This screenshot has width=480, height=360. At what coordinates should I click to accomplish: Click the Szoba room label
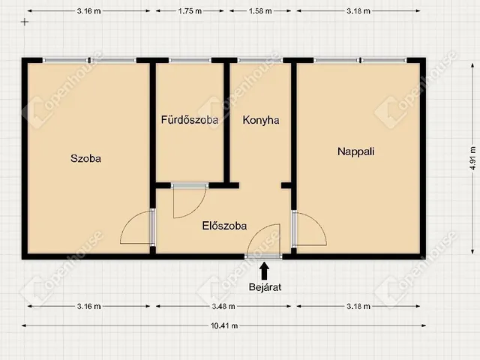coord(85,158)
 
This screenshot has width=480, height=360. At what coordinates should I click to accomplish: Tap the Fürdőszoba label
coord(190,120)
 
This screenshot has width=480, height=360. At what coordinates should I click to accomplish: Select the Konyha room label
coord(261,120)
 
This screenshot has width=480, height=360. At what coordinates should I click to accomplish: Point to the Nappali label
coord(355,151)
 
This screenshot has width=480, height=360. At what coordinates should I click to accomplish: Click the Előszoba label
coord(224,226)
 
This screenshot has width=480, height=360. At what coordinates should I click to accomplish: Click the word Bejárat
coord(265,287)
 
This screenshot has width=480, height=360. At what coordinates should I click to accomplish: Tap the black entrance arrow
coord(265,271)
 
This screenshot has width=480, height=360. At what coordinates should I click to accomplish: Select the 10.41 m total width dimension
coord(224,325)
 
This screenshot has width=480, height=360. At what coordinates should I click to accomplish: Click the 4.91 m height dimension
coord(473,158)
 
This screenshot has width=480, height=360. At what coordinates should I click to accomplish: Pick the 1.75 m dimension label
coord(190,11)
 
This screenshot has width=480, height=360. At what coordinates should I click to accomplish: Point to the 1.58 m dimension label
coord(260,11)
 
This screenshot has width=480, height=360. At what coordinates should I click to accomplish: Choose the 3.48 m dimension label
coord(223,306)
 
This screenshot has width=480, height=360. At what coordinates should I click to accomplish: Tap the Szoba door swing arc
coord(128,222)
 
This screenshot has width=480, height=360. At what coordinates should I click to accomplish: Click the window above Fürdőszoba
coord(190,60)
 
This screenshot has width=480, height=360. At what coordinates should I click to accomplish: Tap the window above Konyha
coord(260,60)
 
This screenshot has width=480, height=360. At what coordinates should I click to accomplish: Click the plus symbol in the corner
coord(25,22)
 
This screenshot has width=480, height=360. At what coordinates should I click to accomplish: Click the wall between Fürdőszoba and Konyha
coord(226,122)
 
